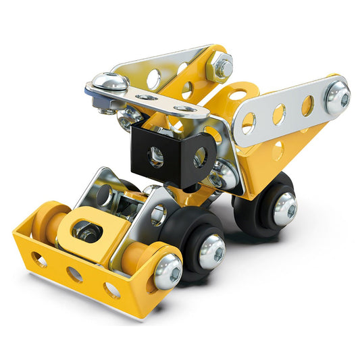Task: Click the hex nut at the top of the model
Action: (220, 66)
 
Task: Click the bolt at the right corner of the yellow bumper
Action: (166, 271)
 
